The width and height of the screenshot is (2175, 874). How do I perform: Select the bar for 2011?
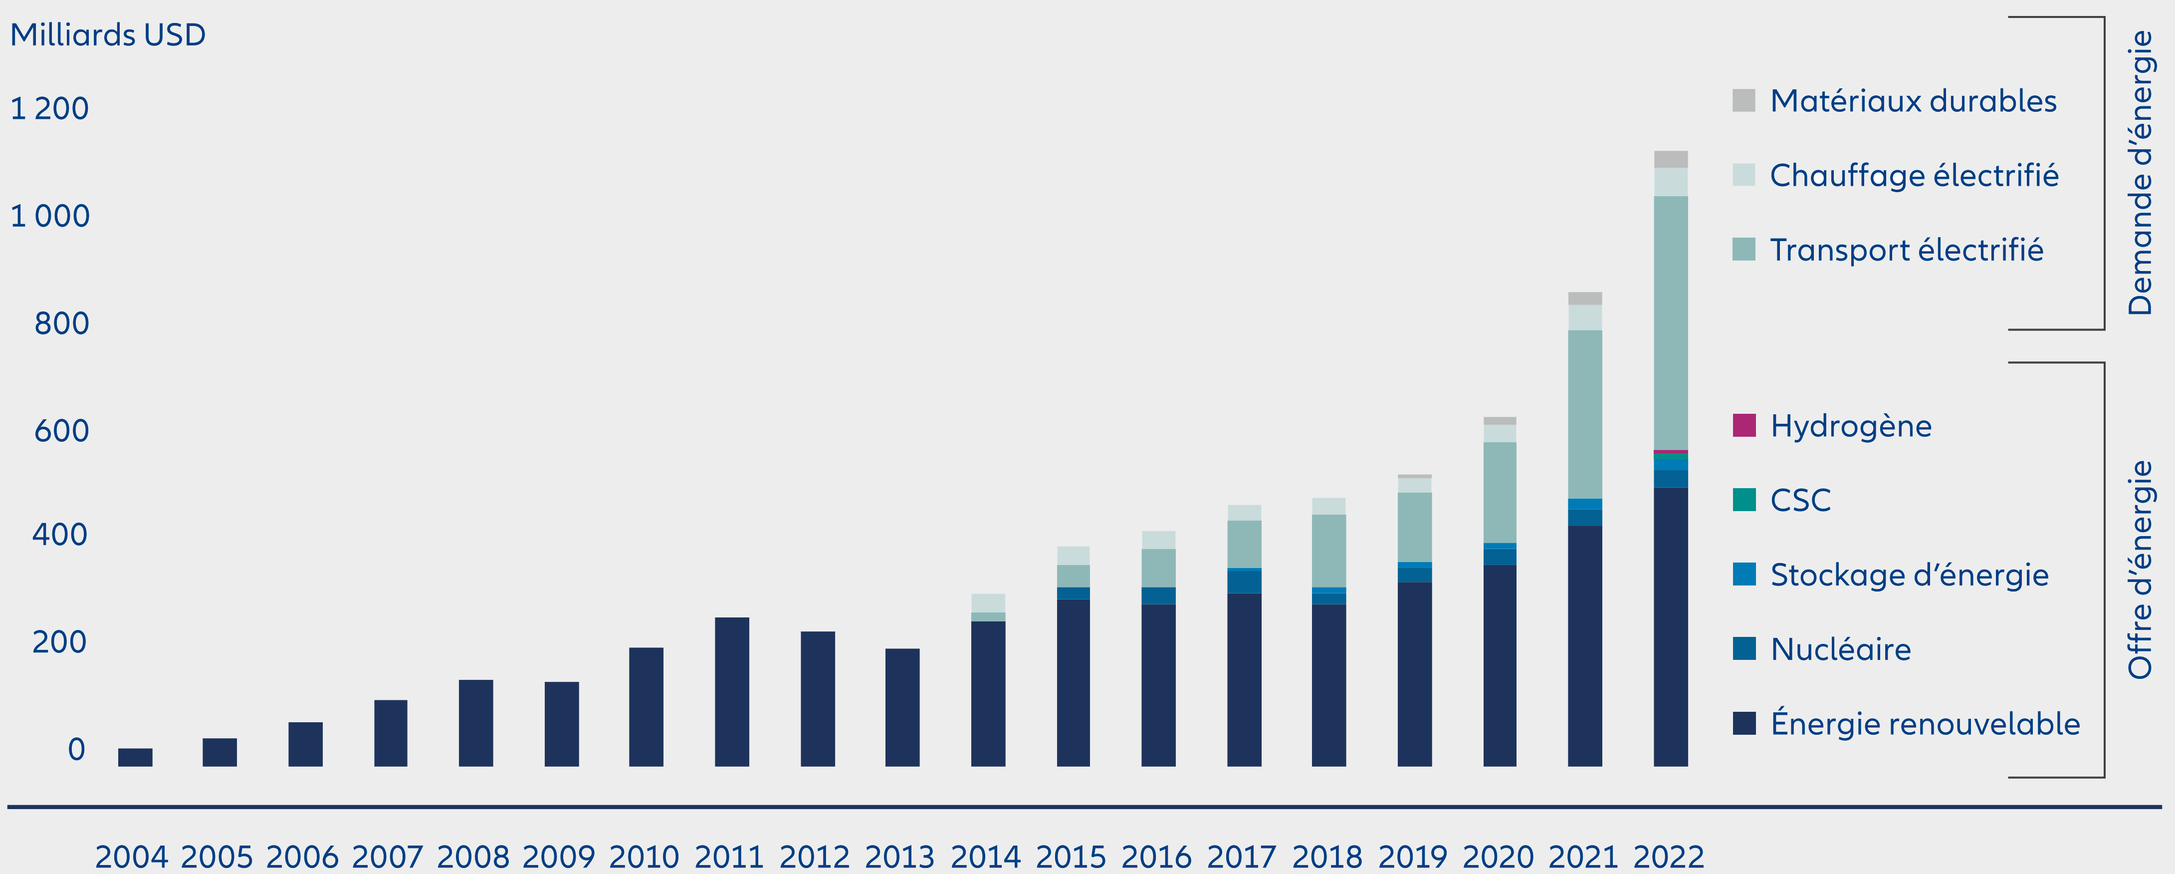coord(731,692)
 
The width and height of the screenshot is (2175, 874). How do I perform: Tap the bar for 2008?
coord(475,723)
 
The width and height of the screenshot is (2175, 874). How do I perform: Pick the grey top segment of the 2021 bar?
coord(1585,298)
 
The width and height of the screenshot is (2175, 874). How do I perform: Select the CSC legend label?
coord(1800,500)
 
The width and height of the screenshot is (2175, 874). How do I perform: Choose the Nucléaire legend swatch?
coord(1743,648)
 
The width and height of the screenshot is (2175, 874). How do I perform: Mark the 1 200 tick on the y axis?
coord(49,109)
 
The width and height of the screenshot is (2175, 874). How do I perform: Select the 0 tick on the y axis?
coord(76,749)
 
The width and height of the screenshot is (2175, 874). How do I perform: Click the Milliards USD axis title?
coord(108,34)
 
